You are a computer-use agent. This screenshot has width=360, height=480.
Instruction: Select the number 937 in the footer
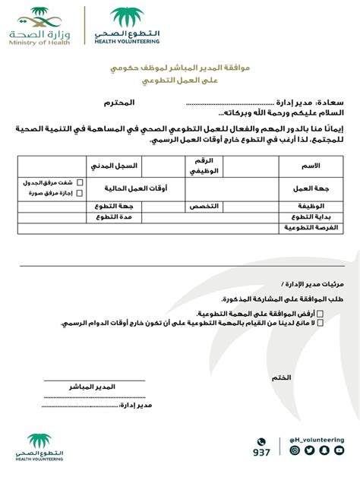[x=261, y=453]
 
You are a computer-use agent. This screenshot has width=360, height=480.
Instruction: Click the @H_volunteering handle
[x=317, y=439]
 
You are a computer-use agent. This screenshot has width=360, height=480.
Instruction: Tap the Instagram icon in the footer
[x=295, y=450]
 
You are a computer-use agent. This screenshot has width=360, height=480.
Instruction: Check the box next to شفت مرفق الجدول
[x=80, y=183]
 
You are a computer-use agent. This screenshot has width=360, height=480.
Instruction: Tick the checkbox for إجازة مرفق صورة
[x=80, y=193]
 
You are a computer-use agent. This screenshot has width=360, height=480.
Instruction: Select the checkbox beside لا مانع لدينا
[x=319, y=323]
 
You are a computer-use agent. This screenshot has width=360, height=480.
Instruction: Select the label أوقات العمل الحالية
[x=135, y=188]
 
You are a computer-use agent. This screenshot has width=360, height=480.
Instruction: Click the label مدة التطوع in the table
[x=115, y=217]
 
